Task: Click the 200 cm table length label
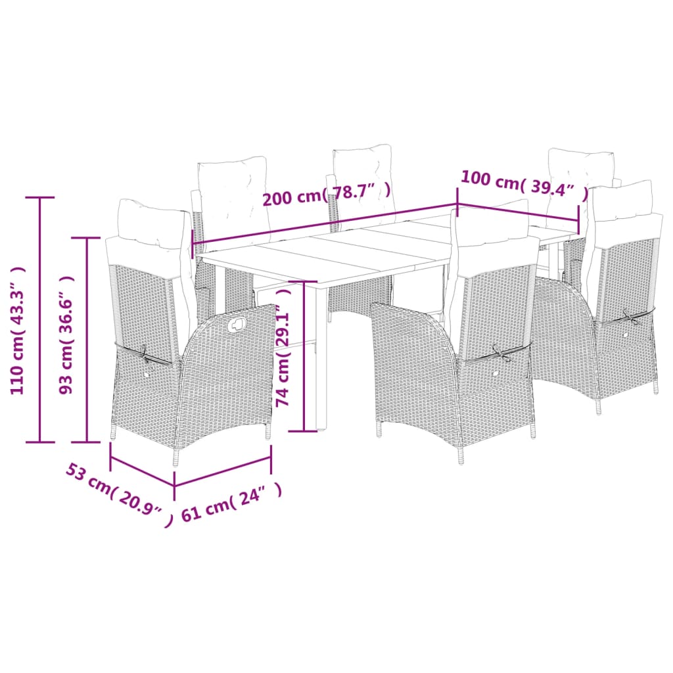pos(327,196)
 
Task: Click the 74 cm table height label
pos(283,356)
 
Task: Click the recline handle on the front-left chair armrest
pos(237,323)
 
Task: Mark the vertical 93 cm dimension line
pos(88,339)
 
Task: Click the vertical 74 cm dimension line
pos(305,356)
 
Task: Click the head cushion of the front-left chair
pos(150,223)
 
